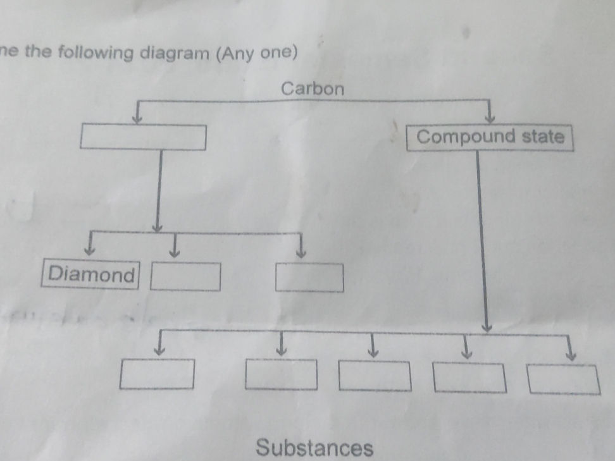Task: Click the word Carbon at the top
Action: tap(313, 88)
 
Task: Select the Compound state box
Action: tap(490, 137)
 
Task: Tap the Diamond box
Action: tap(91, 274)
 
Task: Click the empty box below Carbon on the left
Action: tap(143, 137)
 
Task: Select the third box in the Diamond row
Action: tap(309, 278)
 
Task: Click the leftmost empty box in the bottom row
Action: tap(158, 374)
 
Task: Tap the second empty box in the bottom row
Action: tap(281, 375)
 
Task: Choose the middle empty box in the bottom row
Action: tap(374, 376)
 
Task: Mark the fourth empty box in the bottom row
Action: tap(469, 378)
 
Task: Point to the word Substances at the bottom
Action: tap(314, 448)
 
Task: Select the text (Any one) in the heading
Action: tap(256, 52)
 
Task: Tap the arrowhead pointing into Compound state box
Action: tap(489, 119)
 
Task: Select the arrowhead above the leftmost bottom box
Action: tap(160, 349)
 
